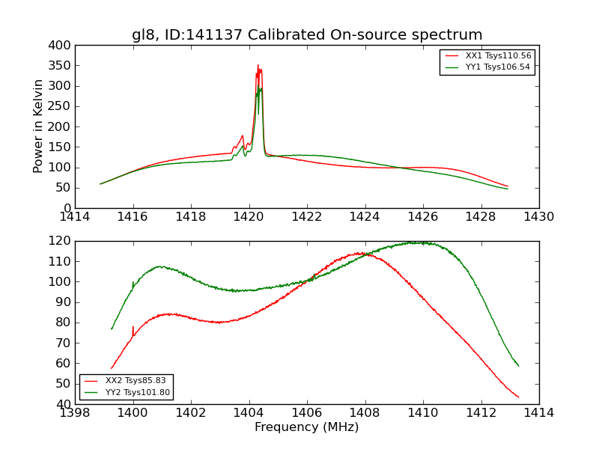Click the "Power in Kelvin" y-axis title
(38, 126)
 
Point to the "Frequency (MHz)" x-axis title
(307, 427)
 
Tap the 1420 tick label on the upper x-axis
(249, 217)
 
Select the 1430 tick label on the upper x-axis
(538, 217)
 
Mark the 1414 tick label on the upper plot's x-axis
(76, 217)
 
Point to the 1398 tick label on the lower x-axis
(76, 413)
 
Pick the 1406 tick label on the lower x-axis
(307, 413)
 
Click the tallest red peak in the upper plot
(258, 65)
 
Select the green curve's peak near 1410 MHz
(416, 242)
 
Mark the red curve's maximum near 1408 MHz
(364, 253)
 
